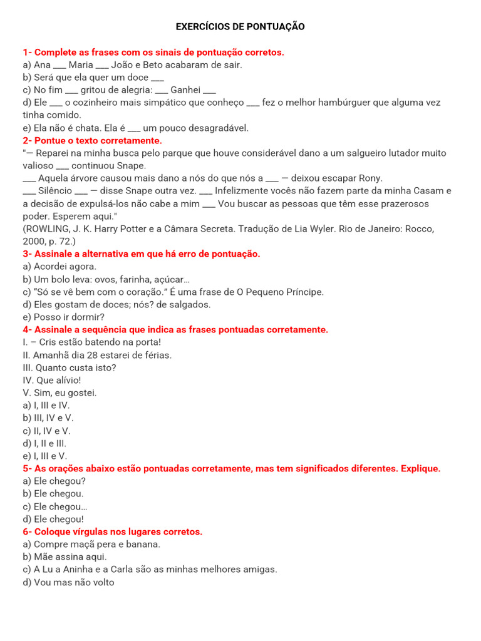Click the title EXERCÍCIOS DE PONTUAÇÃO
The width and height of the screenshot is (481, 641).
(x=240, y=27)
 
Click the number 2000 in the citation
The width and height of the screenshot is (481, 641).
(x=34, y=242)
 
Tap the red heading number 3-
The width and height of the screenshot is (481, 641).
(x=27, y=254)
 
